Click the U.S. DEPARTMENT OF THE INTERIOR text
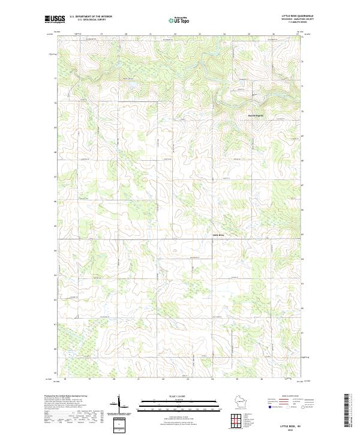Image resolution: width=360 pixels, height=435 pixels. tap(91, 16)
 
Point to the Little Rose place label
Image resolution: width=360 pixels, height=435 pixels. tap(218, 235)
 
